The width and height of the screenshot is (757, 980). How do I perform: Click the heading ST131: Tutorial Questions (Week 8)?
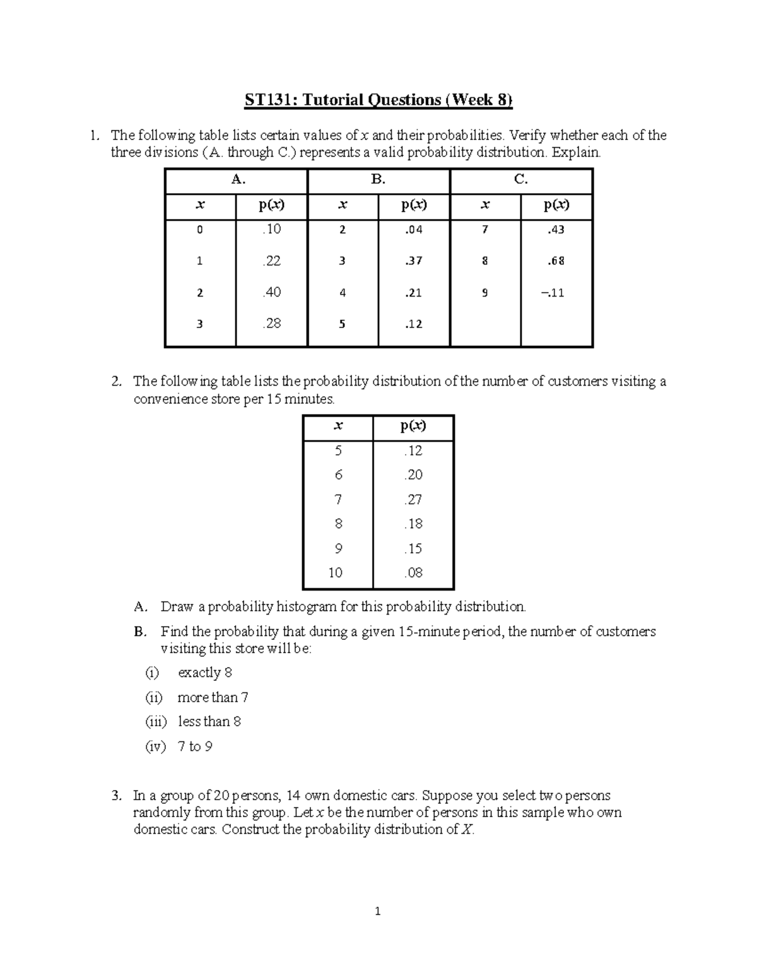click(x=378, y=100)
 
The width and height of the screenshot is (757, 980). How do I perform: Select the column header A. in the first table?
click(x=237, y=180)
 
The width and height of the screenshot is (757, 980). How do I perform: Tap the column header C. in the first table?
click(x=520, y=180)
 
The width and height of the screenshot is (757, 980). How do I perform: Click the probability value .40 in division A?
click(x=271, y=292)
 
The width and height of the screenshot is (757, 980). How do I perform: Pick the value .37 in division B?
click(x=414, y=261)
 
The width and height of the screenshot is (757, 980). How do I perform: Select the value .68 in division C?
click(x=556, y=261)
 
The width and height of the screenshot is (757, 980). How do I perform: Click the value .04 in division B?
click(x=414, y=230)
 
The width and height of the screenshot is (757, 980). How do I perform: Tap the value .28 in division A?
click(x=271, y=324)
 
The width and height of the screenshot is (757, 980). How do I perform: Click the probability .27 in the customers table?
click(x=413, y=499)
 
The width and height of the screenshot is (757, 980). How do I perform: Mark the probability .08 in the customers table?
click(x=413, y=573)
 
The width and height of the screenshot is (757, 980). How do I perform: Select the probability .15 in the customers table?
click(x=413, y=548)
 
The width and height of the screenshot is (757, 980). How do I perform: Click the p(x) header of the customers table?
click(x=413, y=426)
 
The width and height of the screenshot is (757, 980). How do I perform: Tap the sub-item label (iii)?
click(x=156, y=722)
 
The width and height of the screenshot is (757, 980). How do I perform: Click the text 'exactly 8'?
click(x=205, y=673)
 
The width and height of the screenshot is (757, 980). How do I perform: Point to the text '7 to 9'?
click(x=195, y=747)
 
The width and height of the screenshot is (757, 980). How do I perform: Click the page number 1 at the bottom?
click(x=378, y=911)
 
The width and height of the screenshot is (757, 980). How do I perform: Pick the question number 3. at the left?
click(x=115, y=796)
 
